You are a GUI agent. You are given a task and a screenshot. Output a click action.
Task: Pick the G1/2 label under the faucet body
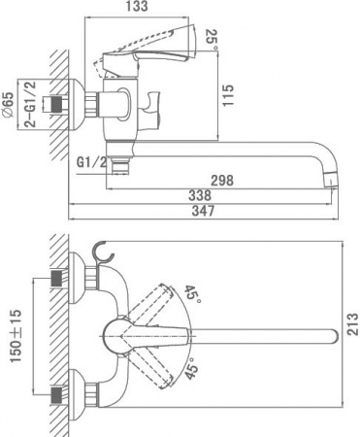[x=89, y=159]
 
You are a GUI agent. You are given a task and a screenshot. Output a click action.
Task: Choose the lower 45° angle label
[x=192, y=371]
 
